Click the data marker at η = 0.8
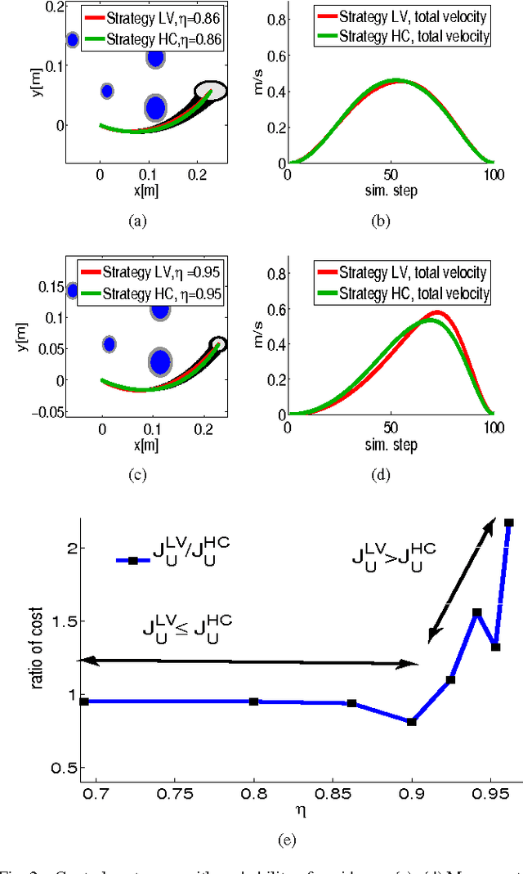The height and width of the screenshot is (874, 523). (254, 701)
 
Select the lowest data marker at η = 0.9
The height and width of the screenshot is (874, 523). (412, 722)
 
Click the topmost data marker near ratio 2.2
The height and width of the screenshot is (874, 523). (508, 522)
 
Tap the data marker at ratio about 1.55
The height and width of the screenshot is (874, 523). (477, 612)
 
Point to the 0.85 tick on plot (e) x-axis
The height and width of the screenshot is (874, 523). (333, 791)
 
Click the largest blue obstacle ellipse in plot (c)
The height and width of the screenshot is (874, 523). (160, 361)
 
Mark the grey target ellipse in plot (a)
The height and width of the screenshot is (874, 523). (211, 92)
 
